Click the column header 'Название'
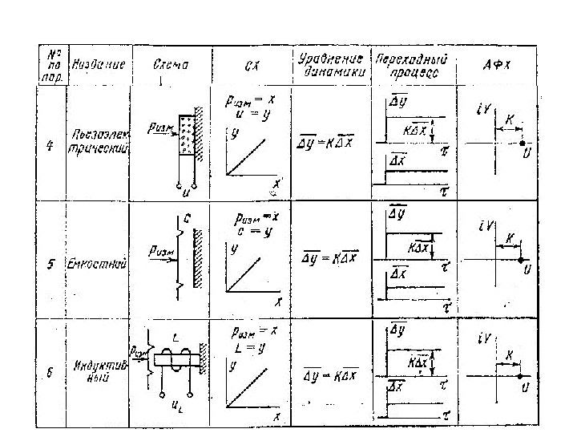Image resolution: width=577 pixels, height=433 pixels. click(x=99, y=64)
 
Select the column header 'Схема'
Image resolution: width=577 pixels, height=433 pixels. click(x=170, y=64)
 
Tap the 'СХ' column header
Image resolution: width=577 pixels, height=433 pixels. click(x=249, y=65)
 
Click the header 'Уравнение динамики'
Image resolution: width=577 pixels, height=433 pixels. click(x=332, y=64)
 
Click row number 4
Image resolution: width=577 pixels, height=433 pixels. click(x=50, y=148)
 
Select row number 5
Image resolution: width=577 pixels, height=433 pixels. click(x=50, y=265)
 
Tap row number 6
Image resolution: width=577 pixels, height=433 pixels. click(x=50, y=373)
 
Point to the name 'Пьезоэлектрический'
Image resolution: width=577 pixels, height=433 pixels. click(x=99, y=141)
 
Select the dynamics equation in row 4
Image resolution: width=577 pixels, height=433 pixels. click(x=330, y=142)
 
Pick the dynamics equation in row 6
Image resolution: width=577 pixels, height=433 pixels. click(x=330, y=374)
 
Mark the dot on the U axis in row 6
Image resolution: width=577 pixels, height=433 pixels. click(x=521, y=375)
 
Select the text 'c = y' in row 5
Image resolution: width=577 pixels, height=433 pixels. click(x=252, y=231)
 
